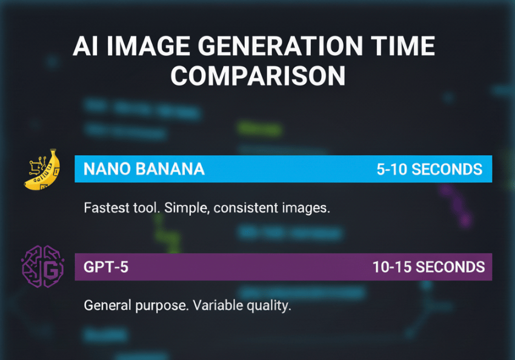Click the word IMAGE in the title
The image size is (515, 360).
(148, 45)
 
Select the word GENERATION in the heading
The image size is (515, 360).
(280, 45)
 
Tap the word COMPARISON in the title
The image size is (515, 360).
(258, 76)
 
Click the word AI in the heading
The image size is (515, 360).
(85, 45)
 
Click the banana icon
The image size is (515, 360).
(42, 169)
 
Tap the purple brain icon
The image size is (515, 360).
(42, 267)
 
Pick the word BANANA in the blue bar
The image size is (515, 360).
(170, 169)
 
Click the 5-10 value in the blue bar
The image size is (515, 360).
(392, 170)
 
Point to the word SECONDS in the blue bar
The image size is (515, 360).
(447, 170)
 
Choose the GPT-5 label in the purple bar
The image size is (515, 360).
(106, 267)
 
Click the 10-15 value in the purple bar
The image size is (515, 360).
(392, 267)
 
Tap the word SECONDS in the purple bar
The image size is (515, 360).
(450, 267)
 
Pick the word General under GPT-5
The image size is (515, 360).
(107, 305)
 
